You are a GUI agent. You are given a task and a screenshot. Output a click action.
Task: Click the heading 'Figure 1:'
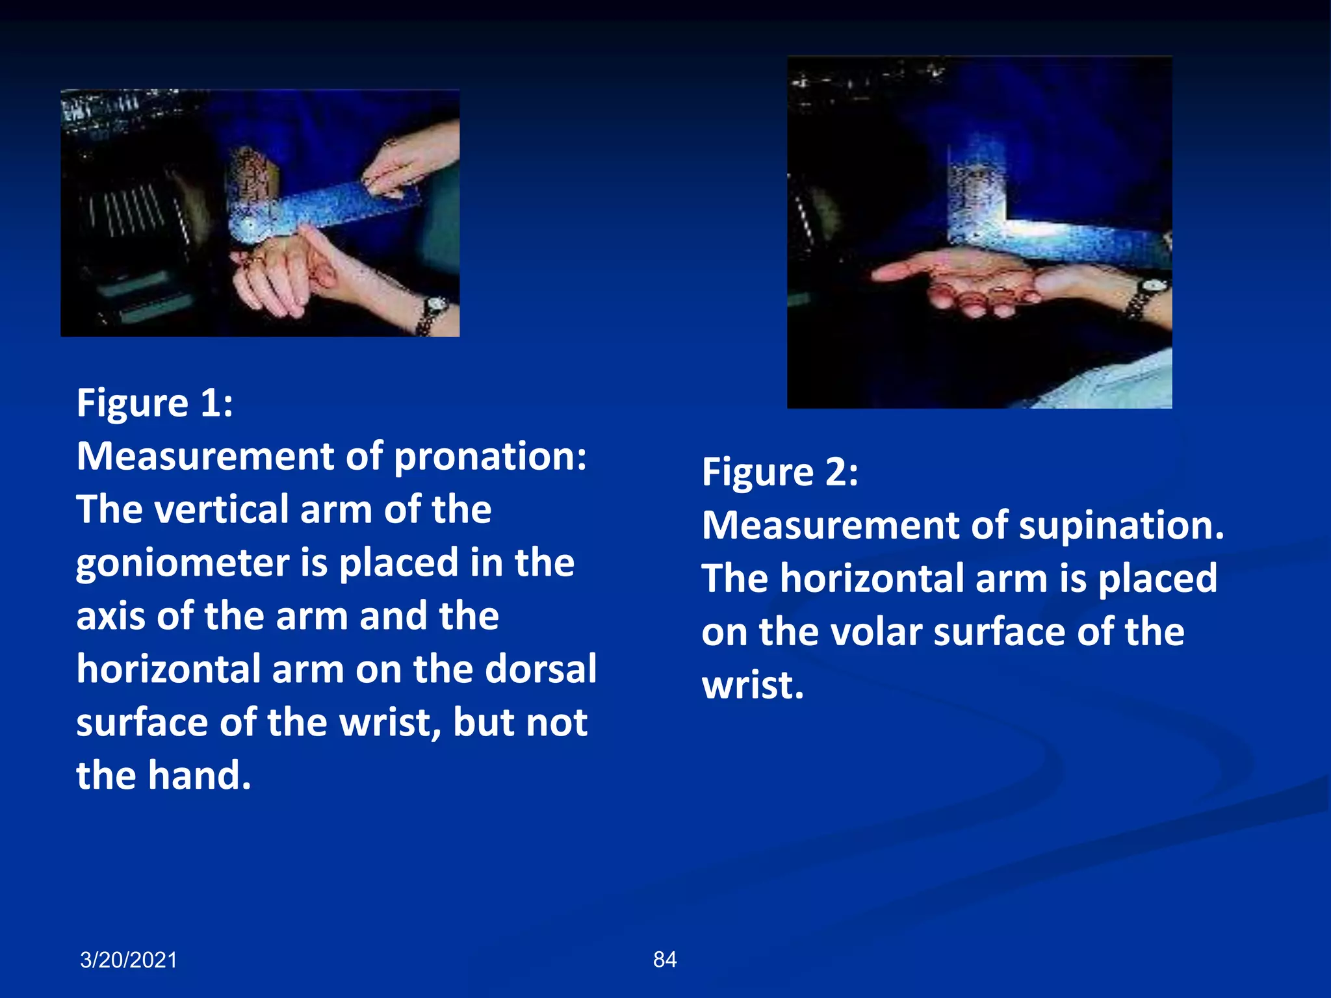pyautogui.click(x=155, y=403)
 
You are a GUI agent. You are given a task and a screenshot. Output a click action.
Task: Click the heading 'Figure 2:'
pyautogui.click(x=779, y=472)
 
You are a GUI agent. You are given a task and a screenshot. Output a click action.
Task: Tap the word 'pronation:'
pyautogui.click(x=491, y=457)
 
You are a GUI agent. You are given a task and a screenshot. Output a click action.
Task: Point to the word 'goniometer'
pyautogui.click(x=182, y=563)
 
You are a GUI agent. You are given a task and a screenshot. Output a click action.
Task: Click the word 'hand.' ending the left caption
pyautogui.click(x=199, y=776)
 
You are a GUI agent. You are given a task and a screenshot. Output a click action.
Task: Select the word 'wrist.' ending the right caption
pyautogui.click(x=753, y=685)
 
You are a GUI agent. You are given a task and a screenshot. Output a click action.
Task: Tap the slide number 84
pyautogui.click(x=664, y=960)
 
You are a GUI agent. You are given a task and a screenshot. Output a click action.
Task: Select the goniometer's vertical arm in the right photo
pyautogui.click(x=975, y=188)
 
